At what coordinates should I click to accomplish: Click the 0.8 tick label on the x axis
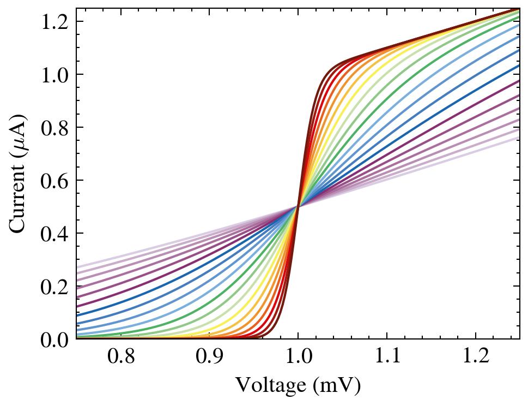(x=120, y=358)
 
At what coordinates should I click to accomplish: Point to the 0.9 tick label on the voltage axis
(x=209, y=358)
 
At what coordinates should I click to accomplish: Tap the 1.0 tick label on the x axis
(x=298, y=358)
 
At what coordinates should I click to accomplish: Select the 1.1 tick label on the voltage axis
(x=386, y=358)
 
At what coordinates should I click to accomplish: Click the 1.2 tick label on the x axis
(x=475, y=358)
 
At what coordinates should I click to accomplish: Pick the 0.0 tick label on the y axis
(x=54, y=340)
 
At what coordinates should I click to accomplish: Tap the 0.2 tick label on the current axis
(x=54, y=287)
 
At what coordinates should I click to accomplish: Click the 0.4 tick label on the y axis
(x=54, y=234)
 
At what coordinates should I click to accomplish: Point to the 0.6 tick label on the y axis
(x=54, y=181)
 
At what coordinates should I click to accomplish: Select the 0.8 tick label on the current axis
(x=54, y=128)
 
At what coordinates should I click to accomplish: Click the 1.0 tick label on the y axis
(x=54, y=75)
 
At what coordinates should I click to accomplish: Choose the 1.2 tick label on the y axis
(x=54, y=22)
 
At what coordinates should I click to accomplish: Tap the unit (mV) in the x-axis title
(x=337, y=386)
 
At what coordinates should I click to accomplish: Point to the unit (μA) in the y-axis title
(x=20, y=133)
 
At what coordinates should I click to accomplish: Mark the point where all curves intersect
(x=298, y=206)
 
